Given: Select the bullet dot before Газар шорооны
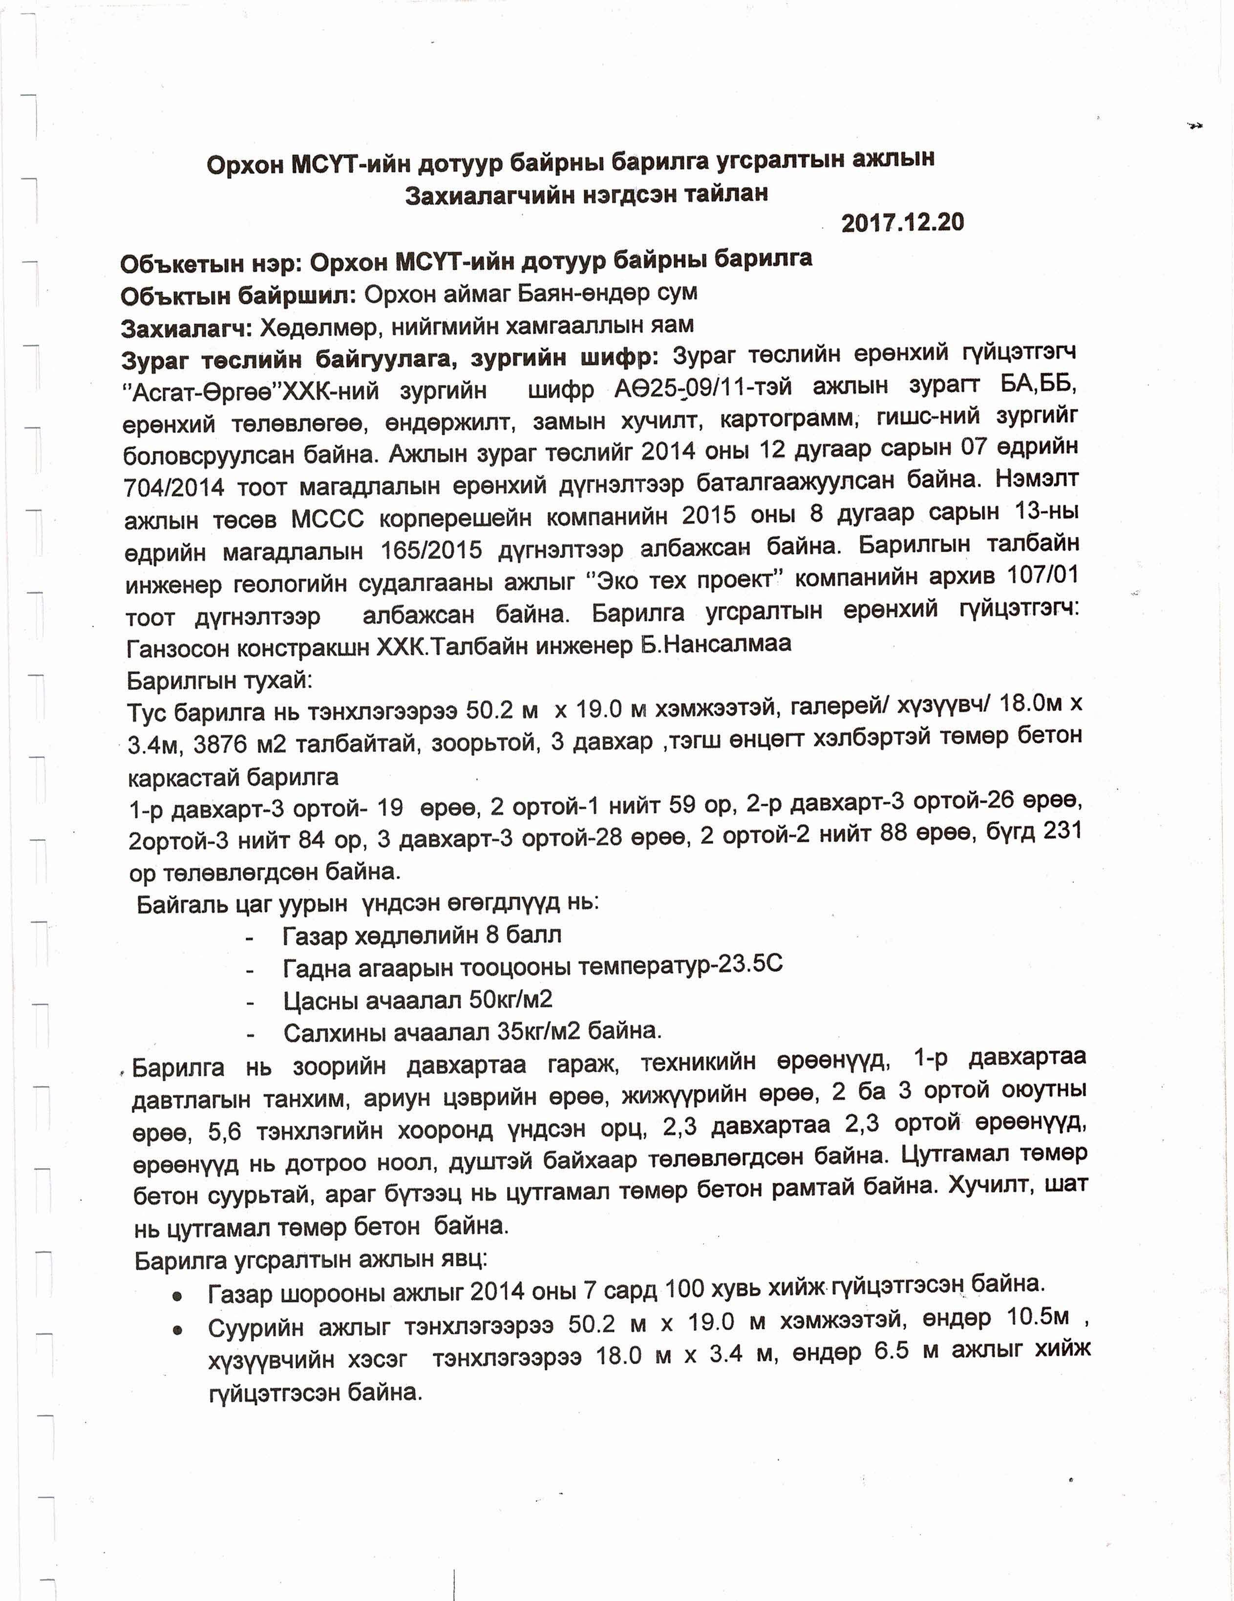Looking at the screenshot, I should [177, 1296].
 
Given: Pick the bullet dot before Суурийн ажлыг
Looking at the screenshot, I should [177, 1330].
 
